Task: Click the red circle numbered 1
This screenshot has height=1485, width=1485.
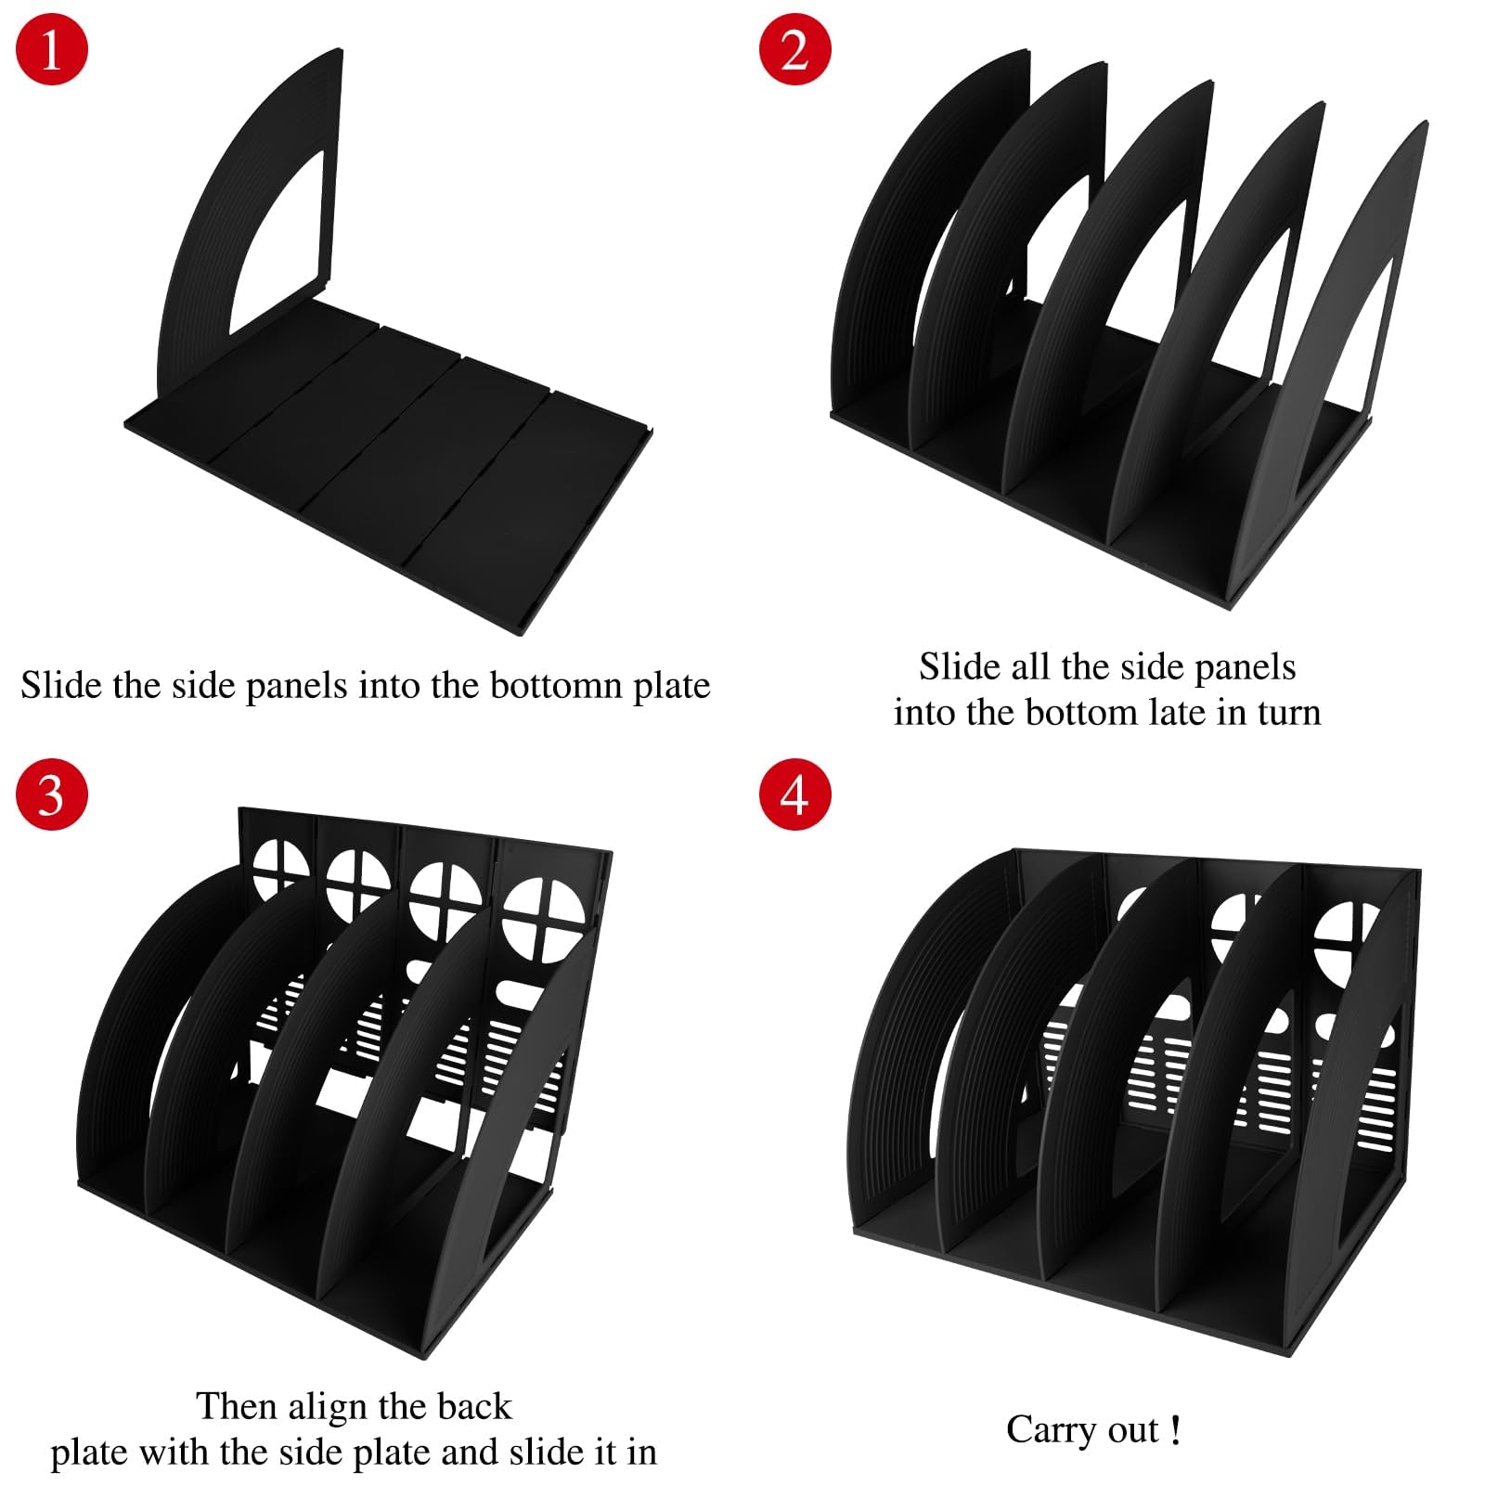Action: (x=52, y=48)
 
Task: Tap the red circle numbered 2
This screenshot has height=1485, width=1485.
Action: (x=794, y=48)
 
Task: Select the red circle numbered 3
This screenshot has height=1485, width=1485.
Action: (x=52, y=794)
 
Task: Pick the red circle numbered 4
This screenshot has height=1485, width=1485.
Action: (x=794, y=794)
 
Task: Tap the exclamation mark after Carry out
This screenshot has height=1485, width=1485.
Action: (x=1176, y=1430)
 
